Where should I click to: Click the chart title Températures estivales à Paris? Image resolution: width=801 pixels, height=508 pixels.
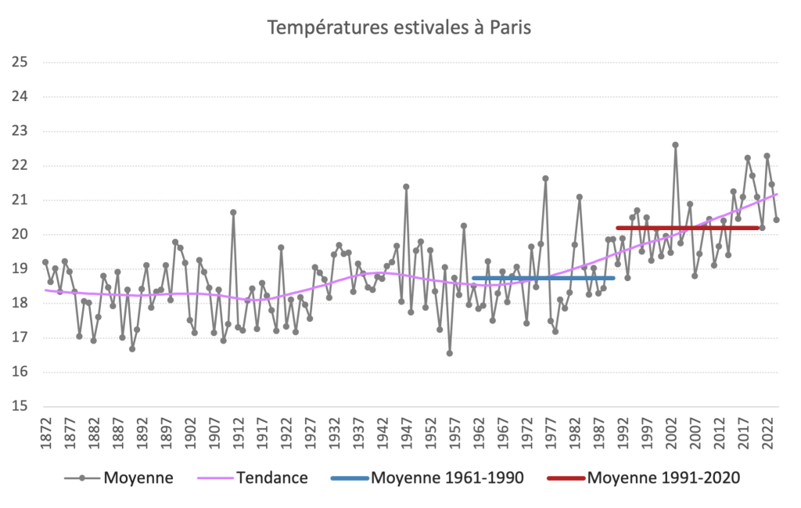pyautogui.click(x=399, y=28)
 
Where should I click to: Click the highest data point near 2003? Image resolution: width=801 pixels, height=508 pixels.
pyautogui.click(x=675, y=145)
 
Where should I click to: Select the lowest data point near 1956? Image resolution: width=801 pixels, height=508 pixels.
pyautogui.click(x=450, y=353)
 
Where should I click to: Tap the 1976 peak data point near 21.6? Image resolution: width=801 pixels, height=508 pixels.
pyautogui.click(x=545, y=178)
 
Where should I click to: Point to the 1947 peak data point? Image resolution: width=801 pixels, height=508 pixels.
pyautogui.click(x=406, y=186)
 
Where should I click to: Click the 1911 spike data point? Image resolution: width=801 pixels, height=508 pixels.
pyautogui.click(x=233, y=212)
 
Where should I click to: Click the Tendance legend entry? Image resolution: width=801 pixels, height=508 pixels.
pyautogui.click(x=271, y=477)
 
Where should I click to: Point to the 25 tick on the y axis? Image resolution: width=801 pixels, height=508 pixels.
pyautogui.click(x=20, y=63)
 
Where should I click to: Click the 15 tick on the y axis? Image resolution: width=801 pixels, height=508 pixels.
pyautogui.click(x=20, y=406)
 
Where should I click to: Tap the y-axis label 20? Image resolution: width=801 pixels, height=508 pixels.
pyautogui.click(x=20, y=235)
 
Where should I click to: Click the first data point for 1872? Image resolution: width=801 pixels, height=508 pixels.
pyautogui.click(x=45, y=261)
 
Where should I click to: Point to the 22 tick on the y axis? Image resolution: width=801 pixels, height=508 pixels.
pyautogui.click(x=20, y=166)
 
